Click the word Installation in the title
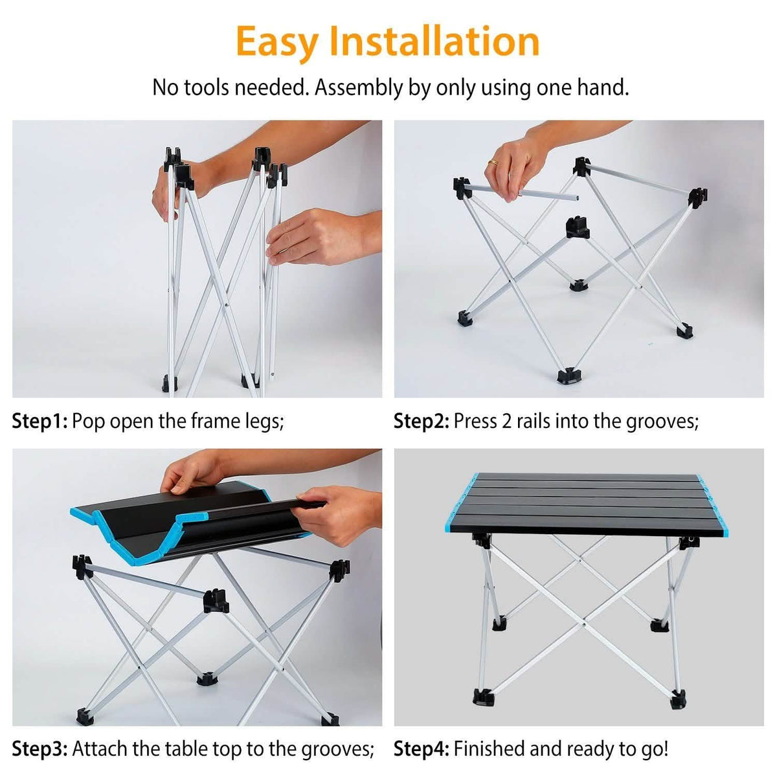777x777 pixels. (434, 41)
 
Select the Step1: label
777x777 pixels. (39, 422)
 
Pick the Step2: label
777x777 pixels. (422, 422)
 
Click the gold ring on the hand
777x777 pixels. (493, 163)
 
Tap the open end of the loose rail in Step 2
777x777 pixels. (578, 198)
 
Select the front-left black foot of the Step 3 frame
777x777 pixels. (85, 717)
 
